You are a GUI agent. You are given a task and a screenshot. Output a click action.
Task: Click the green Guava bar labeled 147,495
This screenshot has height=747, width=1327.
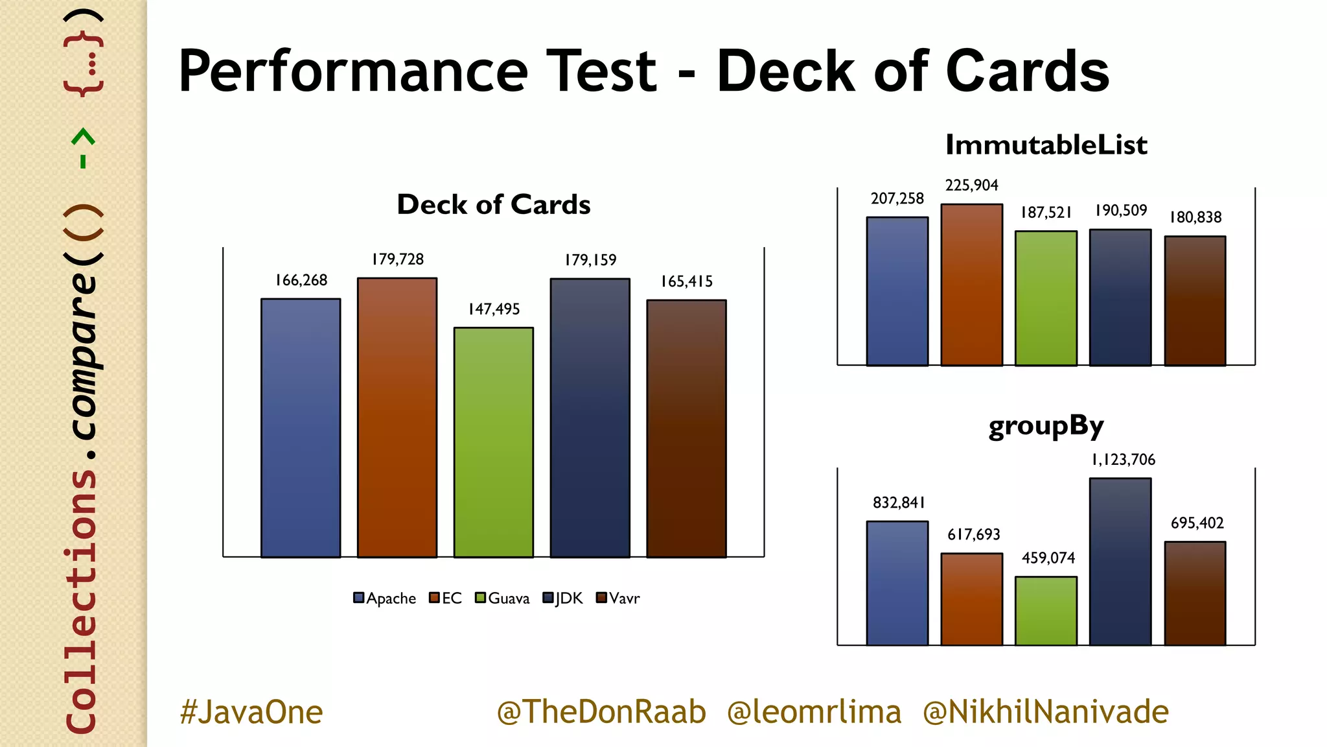point(494,442)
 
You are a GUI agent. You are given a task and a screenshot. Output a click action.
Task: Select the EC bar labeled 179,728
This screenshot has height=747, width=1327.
point(397,418)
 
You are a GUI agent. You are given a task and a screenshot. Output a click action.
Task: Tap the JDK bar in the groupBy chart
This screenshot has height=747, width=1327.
point(1120,562)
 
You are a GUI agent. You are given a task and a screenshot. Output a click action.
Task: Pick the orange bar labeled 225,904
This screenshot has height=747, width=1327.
point(972,285)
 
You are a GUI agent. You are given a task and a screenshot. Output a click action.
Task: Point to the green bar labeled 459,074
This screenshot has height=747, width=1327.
point(1046,611)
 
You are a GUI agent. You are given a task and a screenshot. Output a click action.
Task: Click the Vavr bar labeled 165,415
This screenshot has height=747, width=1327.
point(686,429)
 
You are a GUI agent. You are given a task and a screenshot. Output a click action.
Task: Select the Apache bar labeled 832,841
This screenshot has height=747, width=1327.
point(897,584)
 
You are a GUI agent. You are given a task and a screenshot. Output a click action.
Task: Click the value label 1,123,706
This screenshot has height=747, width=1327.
point(1124,460)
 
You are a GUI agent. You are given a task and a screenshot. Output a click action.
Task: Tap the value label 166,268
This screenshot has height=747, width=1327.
point(301,280)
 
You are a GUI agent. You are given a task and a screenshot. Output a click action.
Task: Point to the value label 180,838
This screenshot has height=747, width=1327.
point(1195,217)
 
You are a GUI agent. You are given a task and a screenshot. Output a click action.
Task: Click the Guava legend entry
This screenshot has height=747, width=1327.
point(502,598)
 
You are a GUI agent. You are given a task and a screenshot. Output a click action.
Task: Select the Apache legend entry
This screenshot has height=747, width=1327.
point(385,598)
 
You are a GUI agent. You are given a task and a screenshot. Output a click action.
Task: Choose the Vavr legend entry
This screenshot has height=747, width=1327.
point(618,598)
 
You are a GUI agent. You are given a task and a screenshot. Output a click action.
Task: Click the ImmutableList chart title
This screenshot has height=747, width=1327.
point(1046,145)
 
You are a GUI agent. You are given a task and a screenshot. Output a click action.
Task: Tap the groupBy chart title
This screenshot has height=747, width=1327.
point(1046,426)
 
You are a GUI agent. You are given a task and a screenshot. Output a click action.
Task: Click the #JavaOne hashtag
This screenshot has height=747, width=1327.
point(251,712)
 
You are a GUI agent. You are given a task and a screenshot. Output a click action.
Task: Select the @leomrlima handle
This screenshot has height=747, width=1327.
point(814,712)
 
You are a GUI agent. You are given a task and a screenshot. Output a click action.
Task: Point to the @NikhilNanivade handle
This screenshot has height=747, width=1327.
point(1046,712)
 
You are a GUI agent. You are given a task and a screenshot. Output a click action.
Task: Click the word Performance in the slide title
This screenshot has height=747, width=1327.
point(353,71)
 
